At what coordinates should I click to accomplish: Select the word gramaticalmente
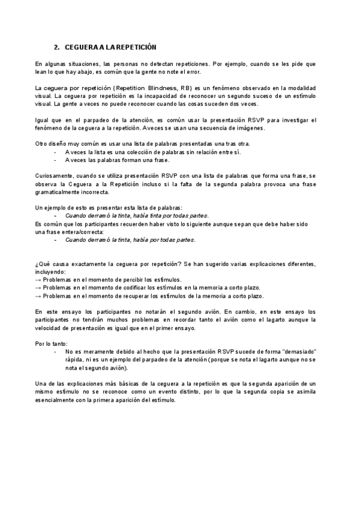click(58, 192)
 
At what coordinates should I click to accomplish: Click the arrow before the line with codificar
click(38, 288)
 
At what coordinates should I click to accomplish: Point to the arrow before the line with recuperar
click(38, 297)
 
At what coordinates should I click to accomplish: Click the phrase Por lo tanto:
click(51, 343)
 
